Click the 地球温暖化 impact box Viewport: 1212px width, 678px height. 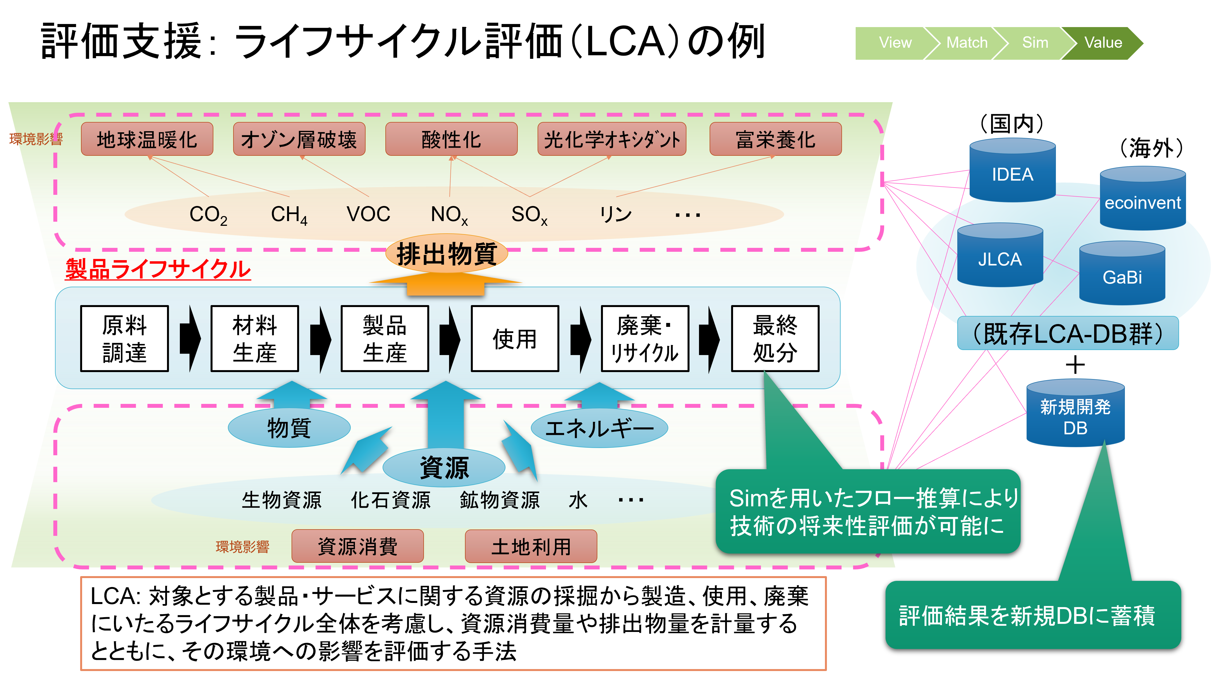point(147,139)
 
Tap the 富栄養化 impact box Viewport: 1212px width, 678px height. point(776,139)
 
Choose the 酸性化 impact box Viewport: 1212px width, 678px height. point(451,139)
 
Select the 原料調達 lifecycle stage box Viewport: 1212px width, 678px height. point(125,339)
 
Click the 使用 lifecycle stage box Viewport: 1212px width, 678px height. point(515,339)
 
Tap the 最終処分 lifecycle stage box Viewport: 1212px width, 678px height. point(775,339)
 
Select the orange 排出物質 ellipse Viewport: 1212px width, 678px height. point(447,254)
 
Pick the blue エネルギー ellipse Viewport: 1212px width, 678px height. point(599,428)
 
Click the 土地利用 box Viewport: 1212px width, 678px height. point(531,546)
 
